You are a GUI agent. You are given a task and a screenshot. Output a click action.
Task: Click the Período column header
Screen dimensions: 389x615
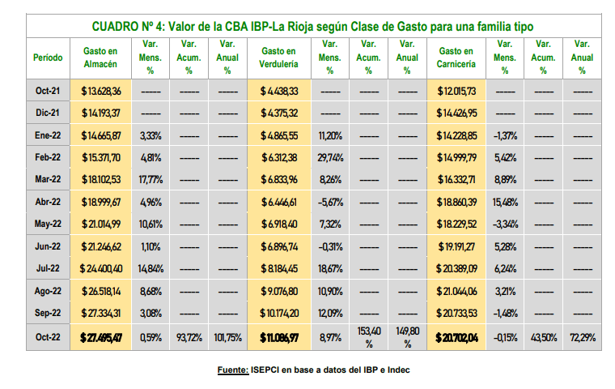(x=48, y=58)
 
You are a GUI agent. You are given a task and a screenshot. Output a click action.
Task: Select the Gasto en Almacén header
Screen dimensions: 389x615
(x=101, y=58)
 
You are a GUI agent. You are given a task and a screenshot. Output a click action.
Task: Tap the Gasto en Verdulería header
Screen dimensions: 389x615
(x=278, y=58)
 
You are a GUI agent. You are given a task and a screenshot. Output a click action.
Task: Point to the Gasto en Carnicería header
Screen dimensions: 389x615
(x=457, y=58)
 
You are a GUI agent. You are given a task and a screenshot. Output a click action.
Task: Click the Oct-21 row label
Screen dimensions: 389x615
(x=48, y=91)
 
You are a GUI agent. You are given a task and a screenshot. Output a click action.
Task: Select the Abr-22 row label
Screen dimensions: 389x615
(x=48, y=201)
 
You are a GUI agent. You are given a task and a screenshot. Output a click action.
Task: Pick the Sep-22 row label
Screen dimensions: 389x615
(x=48, y=312)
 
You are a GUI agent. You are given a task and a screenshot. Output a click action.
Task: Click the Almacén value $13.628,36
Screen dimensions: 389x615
(x=101, y=91)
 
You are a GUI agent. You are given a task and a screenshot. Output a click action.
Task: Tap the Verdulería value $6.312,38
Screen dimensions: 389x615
(x=280, y=157)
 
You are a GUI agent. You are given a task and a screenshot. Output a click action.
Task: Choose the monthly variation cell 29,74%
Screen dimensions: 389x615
(x=330, y=157)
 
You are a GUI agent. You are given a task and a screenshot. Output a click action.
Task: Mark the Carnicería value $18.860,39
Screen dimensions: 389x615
(x=457, y=201)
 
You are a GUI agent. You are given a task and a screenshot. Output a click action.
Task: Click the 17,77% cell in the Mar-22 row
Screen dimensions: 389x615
(x=151, y=179)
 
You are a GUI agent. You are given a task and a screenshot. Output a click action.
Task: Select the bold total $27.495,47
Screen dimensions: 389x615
(x=101, y=336)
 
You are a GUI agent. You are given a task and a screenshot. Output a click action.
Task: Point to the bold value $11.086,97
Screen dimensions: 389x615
(x=280, y=336)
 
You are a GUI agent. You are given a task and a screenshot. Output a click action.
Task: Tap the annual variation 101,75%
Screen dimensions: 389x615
(x=228, y=336)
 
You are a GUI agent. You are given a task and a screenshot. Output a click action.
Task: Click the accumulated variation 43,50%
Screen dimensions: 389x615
(x=544, y=336)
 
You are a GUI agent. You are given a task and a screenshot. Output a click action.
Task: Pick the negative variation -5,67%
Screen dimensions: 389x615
(x=330, y=201)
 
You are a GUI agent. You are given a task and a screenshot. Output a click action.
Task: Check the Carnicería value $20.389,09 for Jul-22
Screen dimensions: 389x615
(x=457, y=267)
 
